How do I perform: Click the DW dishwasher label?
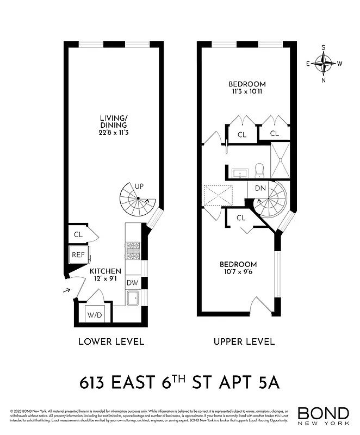(133, 283)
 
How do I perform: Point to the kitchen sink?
(133, 297)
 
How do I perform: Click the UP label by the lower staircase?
(139, 186)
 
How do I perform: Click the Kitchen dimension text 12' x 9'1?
(105, 279)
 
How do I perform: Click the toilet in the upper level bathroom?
(259, 170)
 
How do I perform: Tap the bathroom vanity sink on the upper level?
(239, 173)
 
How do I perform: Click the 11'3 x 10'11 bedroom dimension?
(247, 92)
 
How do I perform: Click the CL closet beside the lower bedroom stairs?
(241, 218)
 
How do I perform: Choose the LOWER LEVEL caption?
(111, 342)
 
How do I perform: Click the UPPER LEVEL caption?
(244, 342)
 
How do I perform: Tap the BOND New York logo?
(323, 415)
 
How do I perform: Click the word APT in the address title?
(232, 383)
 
